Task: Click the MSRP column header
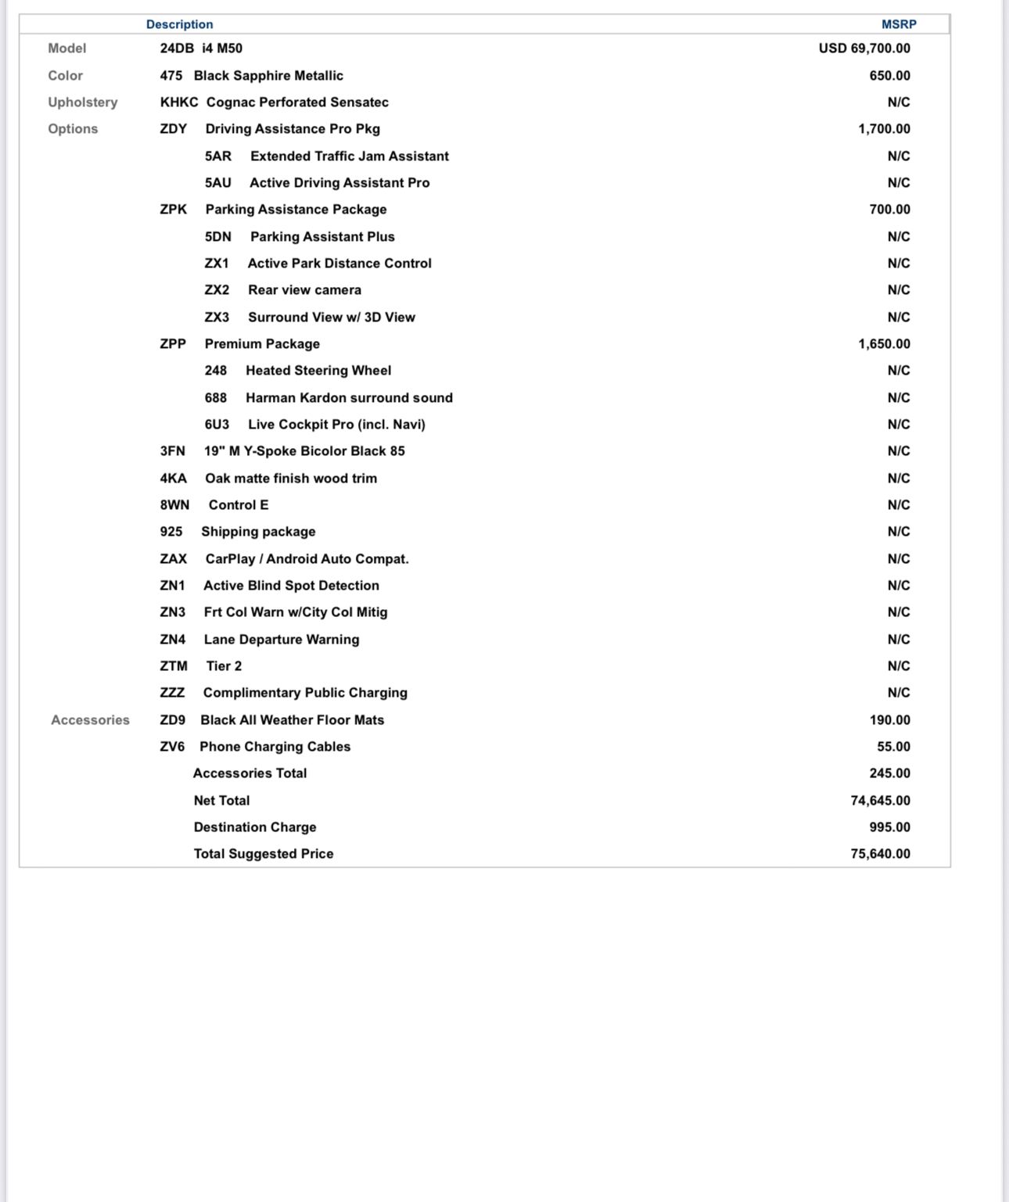(x=899, y=24)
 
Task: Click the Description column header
(x=179, y=24)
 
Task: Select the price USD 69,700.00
(x=864, y=48)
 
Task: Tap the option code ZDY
(x=174, y=129)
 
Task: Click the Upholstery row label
(x=83, y=102)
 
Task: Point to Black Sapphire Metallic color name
(x=268, y=76)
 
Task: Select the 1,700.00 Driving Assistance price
(x=884, y=129)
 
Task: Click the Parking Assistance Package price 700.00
(x=889, y=210)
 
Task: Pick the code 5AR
(x=218, y=156)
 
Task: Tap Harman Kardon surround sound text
(x=349, y=398)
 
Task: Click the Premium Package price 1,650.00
(x=884, y=344)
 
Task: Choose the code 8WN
(x=174, y=505)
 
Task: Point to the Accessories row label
(x=90, y=720)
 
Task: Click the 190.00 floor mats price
(x=889, y=720)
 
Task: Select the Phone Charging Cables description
(x=275, y=747)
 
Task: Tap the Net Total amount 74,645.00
(x=880, y=801)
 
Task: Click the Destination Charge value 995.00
(x=889, y=827)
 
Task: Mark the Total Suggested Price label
(x=264, y=854)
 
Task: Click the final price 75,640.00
(x=880, y=854)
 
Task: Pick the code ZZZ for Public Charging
(x=172, y=693)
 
